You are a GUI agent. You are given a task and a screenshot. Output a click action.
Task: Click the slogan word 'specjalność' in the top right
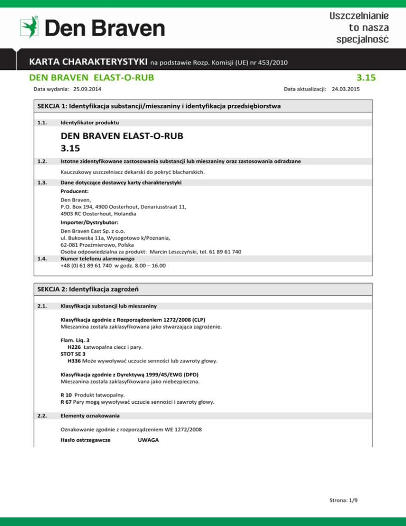click(363, 39)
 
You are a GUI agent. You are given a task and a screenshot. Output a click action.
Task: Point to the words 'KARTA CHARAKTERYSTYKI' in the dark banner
click(88, 62)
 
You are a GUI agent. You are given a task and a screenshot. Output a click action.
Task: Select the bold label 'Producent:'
click(73, 192)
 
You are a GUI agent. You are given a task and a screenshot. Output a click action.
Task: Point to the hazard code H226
click(74, 347)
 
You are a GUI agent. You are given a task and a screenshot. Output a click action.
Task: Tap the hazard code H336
click(74, 361)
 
